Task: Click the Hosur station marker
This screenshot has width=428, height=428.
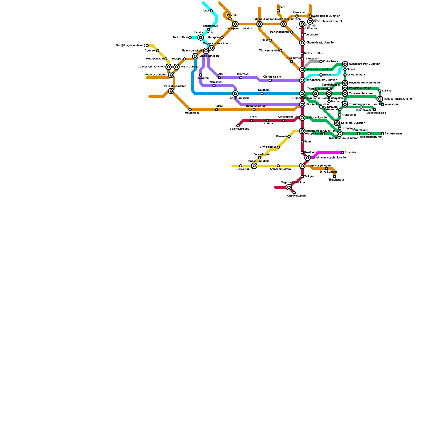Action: click(x=211, y=11)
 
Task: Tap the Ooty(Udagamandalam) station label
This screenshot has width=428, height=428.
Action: click(x=130, y=45)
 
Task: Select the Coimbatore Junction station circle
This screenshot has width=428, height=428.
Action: click(x=169, y=67)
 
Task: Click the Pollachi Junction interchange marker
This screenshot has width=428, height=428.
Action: click(x=171, y=91)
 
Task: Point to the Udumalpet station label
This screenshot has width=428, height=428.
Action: click(x=192, y=113)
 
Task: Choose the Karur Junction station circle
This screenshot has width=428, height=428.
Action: click(x=235, y=94)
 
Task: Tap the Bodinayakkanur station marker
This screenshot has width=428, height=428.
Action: click(x=238, y=126)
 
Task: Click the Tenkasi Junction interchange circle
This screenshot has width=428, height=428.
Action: click(x=254, y=166)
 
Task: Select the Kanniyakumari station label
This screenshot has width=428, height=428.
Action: click(x=296, y=196)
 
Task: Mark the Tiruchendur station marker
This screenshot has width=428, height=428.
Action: click(x=334, y=177)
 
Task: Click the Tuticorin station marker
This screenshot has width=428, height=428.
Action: click(x=342, y=152)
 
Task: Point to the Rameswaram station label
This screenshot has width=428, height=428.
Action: click(x=393, y=134)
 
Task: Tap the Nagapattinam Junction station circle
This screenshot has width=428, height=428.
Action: click(x=380, y=99)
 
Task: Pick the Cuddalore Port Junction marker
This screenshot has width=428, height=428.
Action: click(x=345, y=64)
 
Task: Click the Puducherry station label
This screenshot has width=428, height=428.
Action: click(x=330, y=62)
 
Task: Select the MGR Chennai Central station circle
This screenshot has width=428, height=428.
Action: click(x=310, y=21)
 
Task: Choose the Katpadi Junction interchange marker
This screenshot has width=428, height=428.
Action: click(x=259, y=24)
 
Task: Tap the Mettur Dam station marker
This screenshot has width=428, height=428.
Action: click(x=190, y=37)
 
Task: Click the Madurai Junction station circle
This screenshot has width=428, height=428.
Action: click(x=302, y=118)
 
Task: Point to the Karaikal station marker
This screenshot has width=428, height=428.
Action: click(x=380, y=91)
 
